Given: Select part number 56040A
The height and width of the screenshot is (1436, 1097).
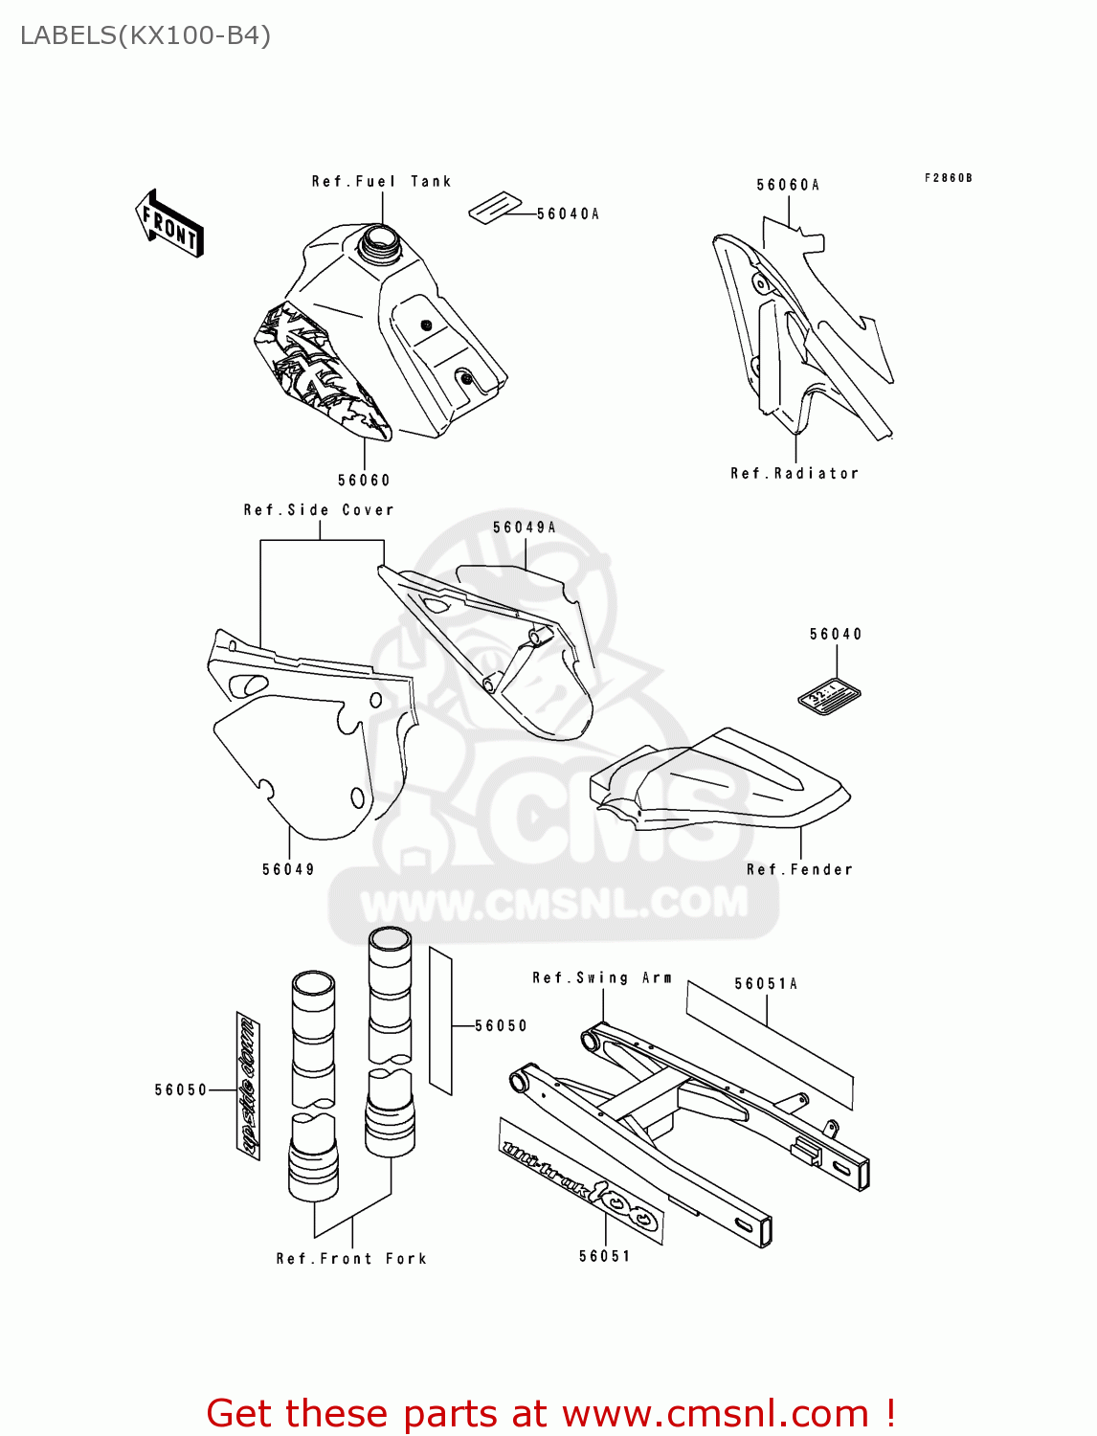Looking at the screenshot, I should tap(568, 214).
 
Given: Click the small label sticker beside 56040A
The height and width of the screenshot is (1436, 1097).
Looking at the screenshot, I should tap(495, 208).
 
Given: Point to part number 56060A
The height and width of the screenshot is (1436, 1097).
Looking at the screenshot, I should tap(788, 185).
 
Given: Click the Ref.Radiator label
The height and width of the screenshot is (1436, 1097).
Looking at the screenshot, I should tap(795, 473).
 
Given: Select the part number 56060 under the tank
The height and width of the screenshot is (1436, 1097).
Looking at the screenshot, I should tap(364, 481).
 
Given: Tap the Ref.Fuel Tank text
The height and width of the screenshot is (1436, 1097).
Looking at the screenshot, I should tap(381, 181).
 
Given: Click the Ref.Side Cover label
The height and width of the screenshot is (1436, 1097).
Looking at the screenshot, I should tap(319, 510).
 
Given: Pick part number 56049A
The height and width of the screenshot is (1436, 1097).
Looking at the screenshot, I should tap(525, 527).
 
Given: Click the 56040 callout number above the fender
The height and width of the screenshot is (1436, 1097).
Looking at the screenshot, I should tap(836, 634).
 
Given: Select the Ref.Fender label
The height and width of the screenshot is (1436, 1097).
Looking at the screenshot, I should tap(799, 869).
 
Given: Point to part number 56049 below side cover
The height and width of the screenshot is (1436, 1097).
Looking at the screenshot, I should tap(288, 869).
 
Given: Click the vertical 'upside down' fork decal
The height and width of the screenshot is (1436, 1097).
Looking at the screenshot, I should tap(248, 1086).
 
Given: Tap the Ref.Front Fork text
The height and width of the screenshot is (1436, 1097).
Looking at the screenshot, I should tap(351, 1259).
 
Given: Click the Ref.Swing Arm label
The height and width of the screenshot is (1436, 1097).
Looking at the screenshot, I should tap(602, 977).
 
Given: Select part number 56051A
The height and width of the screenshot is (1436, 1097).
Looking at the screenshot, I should tap(766, 983).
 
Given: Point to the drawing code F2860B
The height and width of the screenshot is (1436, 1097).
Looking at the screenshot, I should tap(948, 178).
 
